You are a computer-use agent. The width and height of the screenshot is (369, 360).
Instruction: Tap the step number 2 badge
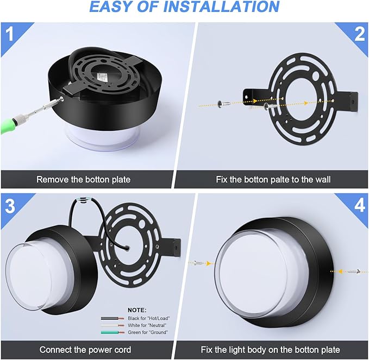(359, 34)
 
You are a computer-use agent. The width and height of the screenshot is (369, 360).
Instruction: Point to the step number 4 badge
(359, 205)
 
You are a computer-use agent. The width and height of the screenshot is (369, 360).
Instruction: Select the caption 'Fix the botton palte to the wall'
(271, 179)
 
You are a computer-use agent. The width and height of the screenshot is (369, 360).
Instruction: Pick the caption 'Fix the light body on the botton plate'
(271, 349)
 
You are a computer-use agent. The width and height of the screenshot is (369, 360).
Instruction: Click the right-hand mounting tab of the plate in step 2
(351, 100)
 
